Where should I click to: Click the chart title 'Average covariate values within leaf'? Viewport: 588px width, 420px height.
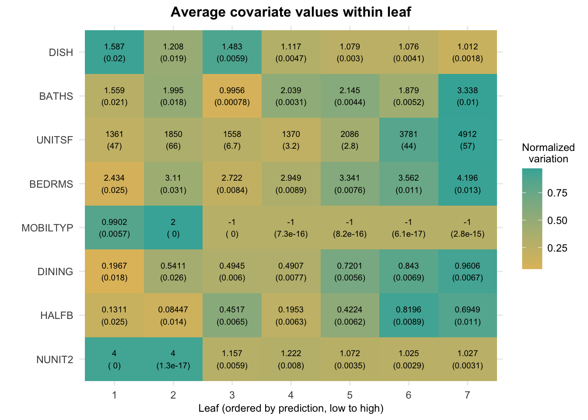click(x=291, y=12)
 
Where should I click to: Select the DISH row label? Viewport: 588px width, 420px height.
click(x=61, y=52)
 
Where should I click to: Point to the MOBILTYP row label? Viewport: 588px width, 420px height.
click(x=47, y=228)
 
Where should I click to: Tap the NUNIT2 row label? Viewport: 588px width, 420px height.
click(x=55, y=360)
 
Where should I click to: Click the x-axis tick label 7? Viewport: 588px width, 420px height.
click(x=467, y=395)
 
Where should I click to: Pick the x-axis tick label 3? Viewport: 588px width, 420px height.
click(x=232, y=395)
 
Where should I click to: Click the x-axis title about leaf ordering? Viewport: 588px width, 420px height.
click(x=291, y=409)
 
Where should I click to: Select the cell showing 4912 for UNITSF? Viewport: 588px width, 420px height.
click(x=467, y=140)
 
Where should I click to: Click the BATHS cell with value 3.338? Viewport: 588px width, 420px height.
click(x=467, y=96)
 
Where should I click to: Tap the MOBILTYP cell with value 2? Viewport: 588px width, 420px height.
click(x=173, y=227)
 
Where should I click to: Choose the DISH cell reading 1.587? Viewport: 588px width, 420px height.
click(x=114, y=52)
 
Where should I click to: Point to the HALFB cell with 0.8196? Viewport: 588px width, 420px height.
click(x=409, y=315)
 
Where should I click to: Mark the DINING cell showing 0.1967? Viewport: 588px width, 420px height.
click(x=114, y=272)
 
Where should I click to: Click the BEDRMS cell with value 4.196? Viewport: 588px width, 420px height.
click(x=467, y=184)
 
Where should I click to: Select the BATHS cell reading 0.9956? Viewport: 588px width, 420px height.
click(x=232, y=96)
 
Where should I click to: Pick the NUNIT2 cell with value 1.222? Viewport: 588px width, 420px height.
click(x=291, y=359)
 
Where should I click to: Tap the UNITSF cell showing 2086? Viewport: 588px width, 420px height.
click(x=350, y=140)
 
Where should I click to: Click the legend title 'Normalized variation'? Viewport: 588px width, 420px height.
click(x=548, y=153)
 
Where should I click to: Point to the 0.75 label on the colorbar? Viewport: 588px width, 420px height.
click(x=557, y=193)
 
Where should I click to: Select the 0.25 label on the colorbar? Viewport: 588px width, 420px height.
click(x=557, y=248)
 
